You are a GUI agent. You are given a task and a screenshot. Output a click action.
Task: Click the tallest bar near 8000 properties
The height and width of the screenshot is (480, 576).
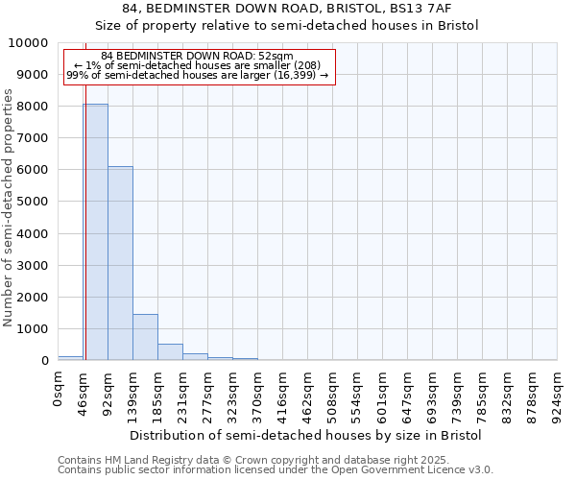(x=95, y=231)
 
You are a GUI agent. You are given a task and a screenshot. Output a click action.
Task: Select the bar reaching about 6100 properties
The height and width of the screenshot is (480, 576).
(x=120, y=263)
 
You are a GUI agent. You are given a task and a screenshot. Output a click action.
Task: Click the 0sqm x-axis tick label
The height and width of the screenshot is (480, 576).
(x=59, y=392)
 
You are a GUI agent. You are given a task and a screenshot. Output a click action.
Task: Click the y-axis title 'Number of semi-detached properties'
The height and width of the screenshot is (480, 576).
(x=10, y=207)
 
